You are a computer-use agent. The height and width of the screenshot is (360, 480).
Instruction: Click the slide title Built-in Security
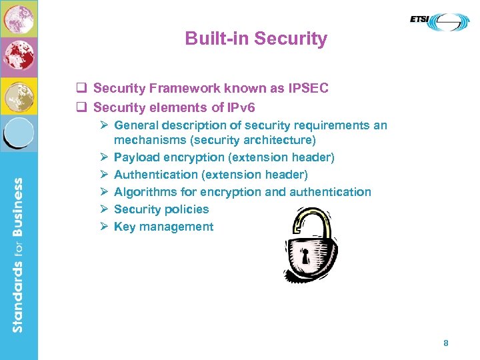coord(256,39)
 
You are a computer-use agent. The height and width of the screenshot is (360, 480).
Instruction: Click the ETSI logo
coord(439,22)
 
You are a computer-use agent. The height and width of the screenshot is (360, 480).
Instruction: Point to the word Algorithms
coord(145,192)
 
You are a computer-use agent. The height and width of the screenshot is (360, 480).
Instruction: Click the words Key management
coord(164,227)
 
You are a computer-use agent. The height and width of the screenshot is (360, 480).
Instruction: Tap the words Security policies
coord(161,209)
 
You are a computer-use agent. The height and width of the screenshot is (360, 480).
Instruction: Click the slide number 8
coord(446,343)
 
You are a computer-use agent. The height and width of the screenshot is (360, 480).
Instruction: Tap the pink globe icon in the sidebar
coord(19,18)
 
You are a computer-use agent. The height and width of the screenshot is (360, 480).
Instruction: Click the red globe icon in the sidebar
coord(19,57)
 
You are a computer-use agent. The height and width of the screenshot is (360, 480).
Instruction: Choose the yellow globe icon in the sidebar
coord(19,96)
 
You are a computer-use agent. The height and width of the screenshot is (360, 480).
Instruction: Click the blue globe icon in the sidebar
coord(19,133)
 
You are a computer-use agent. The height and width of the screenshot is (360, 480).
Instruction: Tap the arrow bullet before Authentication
coord(104,175)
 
